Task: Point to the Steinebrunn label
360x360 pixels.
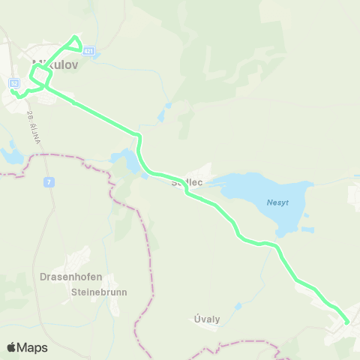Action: click(x=99, y=292)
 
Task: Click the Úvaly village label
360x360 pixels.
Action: click(x=207, y=319)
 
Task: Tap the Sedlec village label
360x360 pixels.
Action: click(x=188, y=181)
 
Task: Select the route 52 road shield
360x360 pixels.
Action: click(x=15, y=83)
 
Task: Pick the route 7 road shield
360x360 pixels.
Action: click(x=47, y=181)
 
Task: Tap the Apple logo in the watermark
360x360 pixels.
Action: click(x=11, y=347)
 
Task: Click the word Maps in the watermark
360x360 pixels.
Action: click(x=32, y=347)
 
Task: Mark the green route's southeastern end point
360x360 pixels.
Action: click(x=346, y=322)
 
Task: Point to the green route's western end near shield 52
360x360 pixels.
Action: click(x=13, y=91)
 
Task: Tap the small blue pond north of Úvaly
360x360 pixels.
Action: click(x=238, y=306)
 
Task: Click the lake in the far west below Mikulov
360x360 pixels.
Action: click(x=10, y=155)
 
